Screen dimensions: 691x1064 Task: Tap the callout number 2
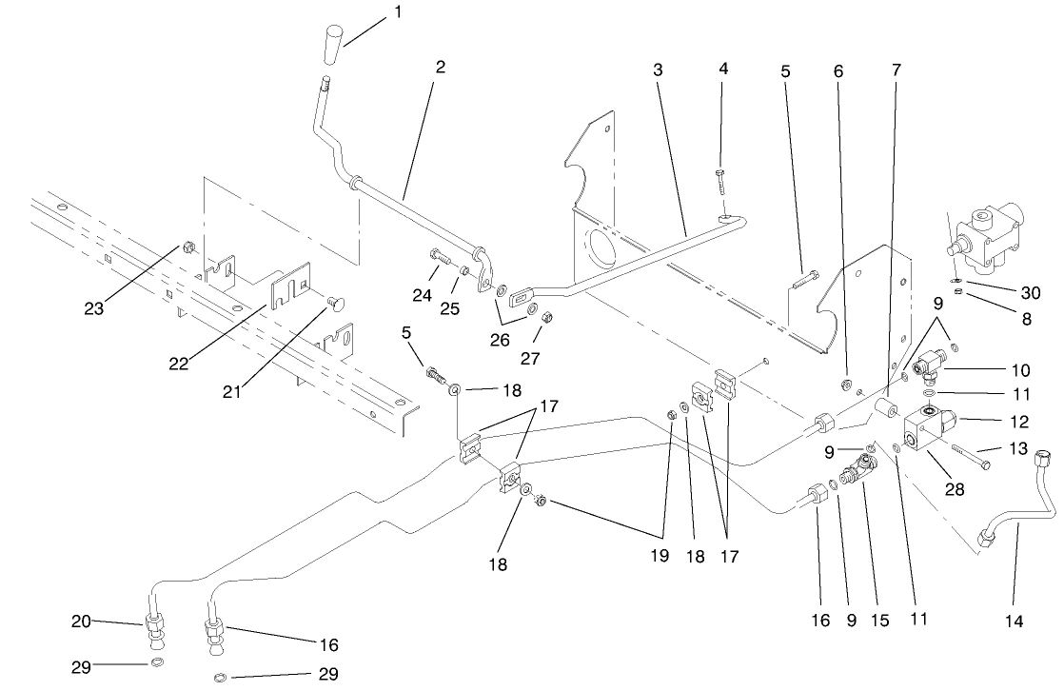coord(440,68)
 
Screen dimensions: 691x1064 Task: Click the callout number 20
coord(81,622)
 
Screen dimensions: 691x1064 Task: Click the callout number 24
coord(423,296)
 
